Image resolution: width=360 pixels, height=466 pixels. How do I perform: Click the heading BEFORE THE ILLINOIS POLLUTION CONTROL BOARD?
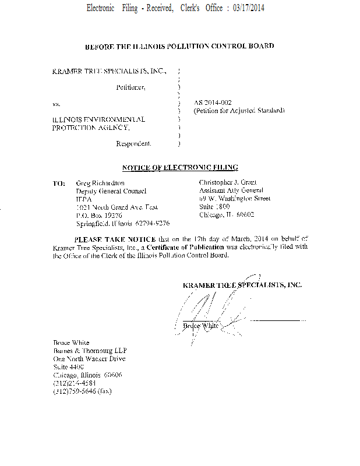point(179,46)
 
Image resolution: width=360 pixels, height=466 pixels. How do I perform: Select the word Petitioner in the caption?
point(130,87)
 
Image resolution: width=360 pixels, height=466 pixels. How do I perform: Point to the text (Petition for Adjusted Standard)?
point(239,110)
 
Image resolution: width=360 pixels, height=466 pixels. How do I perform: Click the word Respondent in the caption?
point(133,143)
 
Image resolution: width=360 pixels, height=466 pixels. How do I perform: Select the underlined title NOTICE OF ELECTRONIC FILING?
point(179,168)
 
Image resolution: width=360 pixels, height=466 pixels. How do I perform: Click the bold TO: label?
point(59,183)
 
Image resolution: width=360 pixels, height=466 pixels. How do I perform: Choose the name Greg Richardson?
point(100,183)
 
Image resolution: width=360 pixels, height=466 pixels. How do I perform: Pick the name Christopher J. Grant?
point(228,182)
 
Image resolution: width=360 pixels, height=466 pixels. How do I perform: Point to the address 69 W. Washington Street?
point(235,199)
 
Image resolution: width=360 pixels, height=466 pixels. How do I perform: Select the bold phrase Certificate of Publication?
point(186,247)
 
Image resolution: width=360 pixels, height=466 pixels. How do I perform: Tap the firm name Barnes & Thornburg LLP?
point(90,351)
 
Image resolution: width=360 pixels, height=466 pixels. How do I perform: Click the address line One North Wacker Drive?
point(89,359)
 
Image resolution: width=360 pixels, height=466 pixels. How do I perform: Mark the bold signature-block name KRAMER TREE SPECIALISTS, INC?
point(242,285)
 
